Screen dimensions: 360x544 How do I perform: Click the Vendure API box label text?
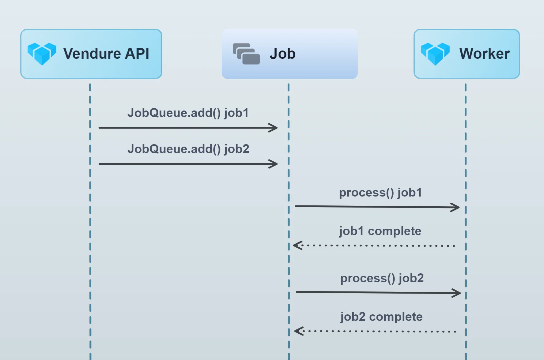[106, 54]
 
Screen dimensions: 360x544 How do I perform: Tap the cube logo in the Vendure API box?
[42, 54]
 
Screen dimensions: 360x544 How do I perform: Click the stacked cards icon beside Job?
[246, 54]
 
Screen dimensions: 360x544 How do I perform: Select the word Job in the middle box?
[282, 54]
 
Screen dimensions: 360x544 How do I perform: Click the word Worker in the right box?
[484, 54]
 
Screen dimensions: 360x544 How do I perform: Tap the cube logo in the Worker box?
[435, 54]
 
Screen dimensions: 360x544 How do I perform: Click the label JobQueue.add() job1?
[188, 113]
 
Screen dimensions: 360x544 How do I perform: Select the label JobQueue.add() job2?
[188, 149]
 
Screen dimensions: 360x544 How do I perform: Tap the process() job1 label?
[380, 193]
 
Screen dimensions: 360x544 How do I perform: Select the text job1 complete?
[380, 231]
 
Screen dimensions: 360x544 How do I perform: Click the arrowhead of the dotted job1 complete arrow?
[297, 245]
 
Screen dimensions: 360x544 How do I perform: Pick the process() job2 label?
[382, 279]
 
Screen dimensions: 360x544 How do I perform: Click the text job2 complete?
[381, 317]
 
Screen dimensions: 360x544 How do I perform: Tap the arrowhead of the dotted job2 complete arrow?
[298, 331]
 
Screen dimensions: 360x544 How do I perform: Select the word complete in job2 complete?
[396, 317]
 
